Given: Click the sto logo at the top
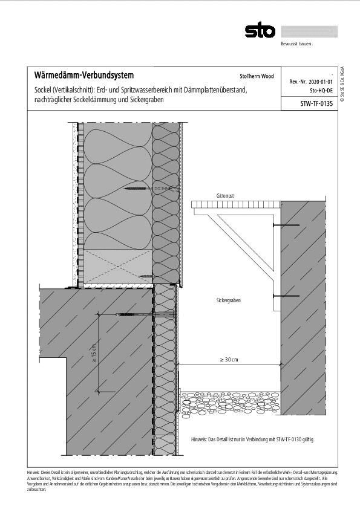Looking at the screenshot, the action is coord(260,31).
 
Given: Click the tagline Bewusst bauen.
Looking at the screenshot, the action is coord(296,44).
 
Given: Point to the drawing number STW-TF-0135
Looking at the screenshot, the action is coord(316,104).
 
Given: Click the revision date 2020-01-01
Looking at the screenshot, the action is coord(321,81).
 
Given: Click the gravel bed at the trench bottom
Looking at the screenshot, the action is coord(230,400).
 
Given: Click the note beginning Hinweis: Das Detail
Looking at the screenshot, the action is coord(252,439).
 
